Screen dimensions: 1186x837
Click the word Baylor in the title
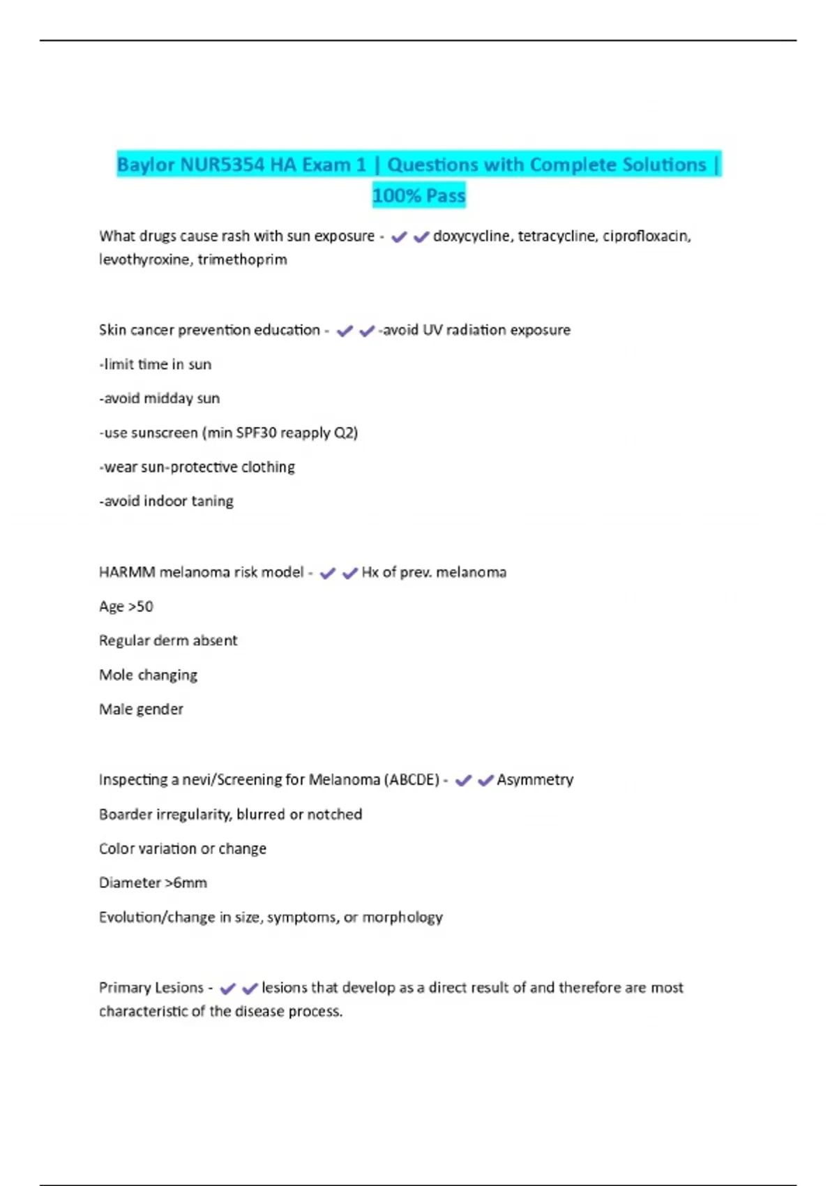point(146,165)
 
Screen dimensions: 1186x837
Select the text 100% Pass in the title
point(418,195)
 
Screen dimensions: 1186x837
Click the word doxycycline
point(472,237)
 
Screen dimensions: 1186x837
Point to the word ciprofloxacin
point(647,237)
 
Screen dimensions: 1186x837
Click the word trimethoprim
point(242,260)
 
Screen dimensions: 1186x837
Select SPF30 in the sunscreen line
point(256,433)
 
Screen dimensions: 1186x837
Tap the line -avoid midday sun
point(160,398)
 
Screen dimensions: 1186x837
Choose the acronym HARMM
point(127,572)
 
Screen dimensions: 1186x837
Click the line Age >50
point(126,606)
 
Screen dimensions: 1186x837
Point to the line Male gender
point(141,710)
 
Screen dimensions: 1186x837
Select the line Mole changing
point(148,675)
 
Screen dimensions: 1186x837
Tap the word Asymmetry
point(535,780)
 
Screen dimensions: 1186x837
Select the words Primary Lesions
point(151,988)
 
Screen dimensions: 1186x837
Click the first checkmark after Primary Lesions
point(227,989)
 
